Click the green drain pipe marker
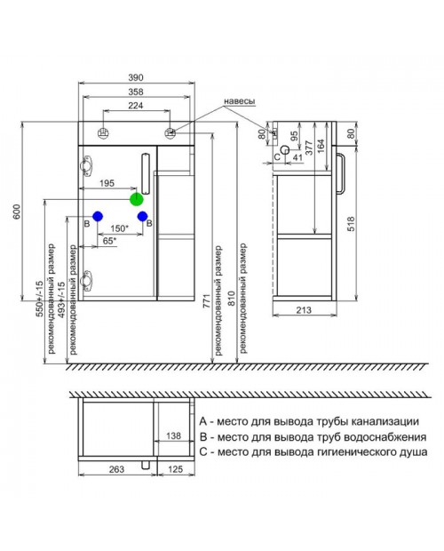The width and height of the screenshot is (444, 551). pyautogui.click(x=137, y=199)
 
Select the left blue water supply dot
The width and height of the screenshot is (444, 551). pyautogui.click(x=98, y=216)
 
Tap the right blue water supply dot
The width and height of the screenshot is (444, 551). pyautogui.click(x=142, y=216)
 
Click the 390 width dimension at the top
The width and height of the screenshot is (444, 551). pyautogui.click(x=136, y=77)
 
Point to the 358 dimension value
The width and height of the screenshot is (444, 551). pyautogui.click(x=136, y=92)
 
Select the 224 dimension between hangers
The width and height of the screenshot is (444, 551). pyautogui.click(x=136, y=106)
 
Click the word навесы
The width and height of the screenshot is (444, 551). pyautogui.click(x=240, y=101)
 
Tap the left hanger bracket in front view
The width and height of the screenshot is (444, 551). pyautogui.click(x=103, y=132)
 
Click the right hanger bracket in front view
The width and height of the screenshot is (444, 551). pyautogui.click(x=170, y=132)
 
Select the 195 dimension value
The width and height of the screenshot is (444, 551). pyautogui.click(x=107, y=183)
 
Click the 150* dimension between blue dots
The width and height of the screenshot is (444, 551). pyautogui.click(x=119, y=228)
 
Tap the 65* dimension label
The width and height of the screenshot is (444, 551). pyautogui.click(x=109, y=241)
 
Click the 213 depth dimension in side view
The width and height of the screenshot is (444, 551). pyautogui.click(x=304, y=310)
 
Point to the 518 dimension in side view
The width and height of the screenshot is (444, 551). pyautogui.click(x=351, y=224)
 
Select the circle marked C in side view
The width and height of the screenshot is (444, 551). pyautogui.click(x=286, y=150)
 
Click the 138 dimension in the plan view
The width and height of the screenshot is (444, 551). pyautogui.click(x=173, y=435)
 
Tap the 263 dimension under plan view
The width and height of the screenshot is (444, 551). pyautogui.click(x=116, y=469)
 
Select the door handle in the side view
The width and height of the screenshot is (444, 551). pyautogui.click(x=341, y=174)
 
